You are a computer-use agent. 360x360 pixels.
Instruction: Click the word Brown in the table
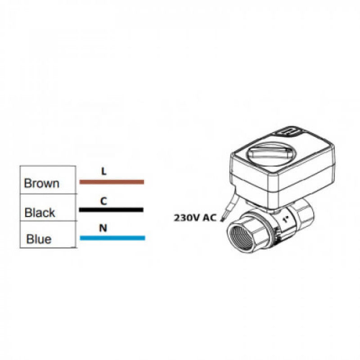[41, 184]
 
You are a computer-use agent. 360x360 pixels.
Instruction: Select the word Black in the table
[40, 212]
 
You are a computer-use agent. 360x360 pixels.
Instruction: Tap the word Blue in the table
[39, 239]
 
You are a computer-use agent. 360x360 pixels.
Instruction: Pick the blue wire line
[112, 237]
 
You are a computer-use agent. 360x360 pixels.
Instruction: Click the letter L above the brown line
[103, 171]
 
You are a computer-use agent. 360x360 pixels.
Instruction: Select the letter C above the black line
[103, 201]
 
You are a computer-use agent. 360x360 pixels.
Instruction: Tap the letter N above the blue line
[103, 228]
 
